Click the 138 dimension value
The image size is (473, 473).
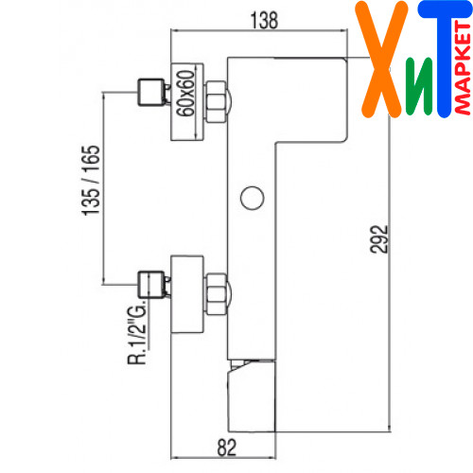coord(264,21)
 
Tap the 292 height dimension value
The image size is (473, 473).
coord(378,239)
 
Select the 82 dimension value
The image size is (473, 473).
coord(227,447)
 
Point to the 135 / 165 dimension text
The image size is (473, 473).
coord(91,181)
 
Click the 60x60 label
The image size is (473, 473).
coord(185,94)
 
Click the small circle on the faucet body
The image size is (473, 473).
coord(252,198)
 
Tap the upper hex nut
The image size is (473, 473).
coord(217,102)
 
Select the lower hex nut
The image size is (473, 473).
coord(217,294)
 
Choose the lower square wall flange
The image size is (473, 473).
coord(187,294)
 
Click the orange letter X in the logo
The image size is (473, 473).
coord(381,60)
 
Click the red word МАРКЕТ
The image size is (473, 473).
coord(464,68)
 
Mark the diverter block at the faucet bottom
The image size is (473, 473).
coord(252,395)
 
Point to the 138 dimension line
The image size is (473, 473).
coord(258,30)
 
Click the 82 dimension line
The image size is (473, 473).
coord(223,457)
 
